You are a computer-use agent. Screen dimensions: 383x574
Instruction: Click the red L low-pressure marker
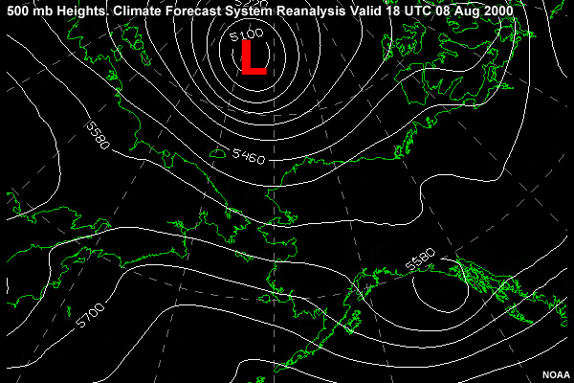pos(253,57)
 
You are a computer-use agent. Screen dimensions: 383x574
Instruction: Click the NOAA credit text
pos(555,374)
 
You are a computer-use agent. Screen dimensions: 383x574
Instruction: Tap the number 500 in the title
pos(18,10)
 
